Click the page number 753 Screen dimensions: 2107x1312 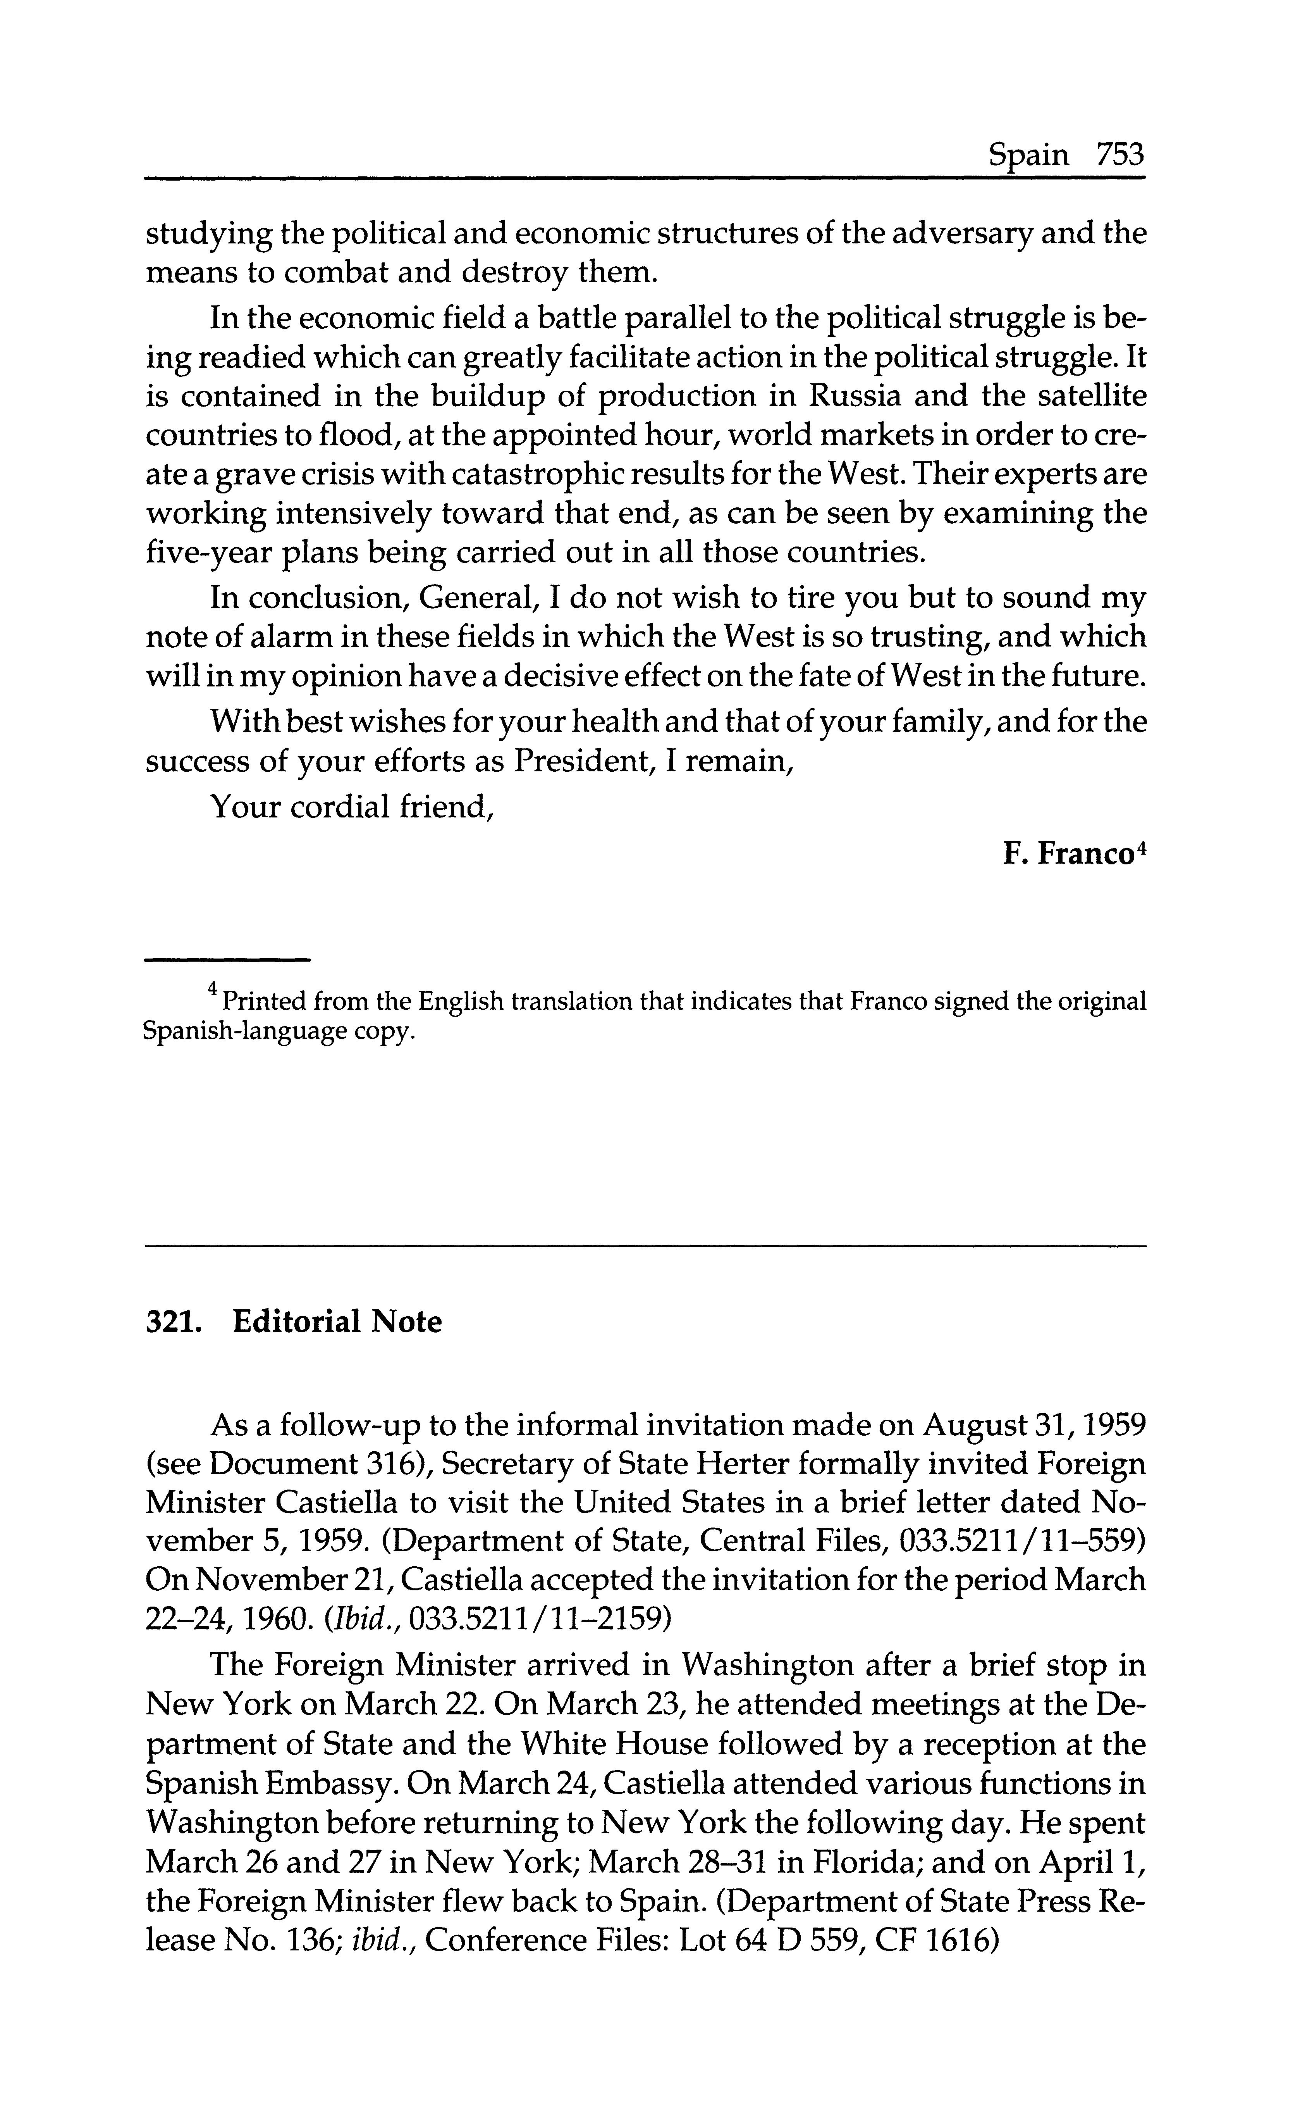pyautogui.click(x=1120, y=155)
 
